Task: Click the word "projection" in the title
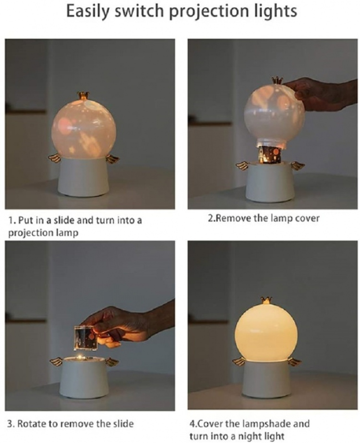(x=210, y=12)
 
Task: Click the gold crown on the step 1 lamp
(x=82, y=96)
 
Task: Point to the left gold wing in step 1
(x=55, y=159)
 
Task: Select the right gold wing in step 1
(x=112, y=159)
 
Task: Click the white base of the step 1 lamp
(x=84, y=177)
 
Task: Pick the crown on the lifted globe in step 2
(x=277, y=80)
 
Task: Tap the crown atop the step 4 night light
(x=266, y=300)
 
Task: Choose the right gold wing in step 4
(x=295, y=361)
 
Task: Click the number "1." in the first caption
(x=12, y=220)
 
